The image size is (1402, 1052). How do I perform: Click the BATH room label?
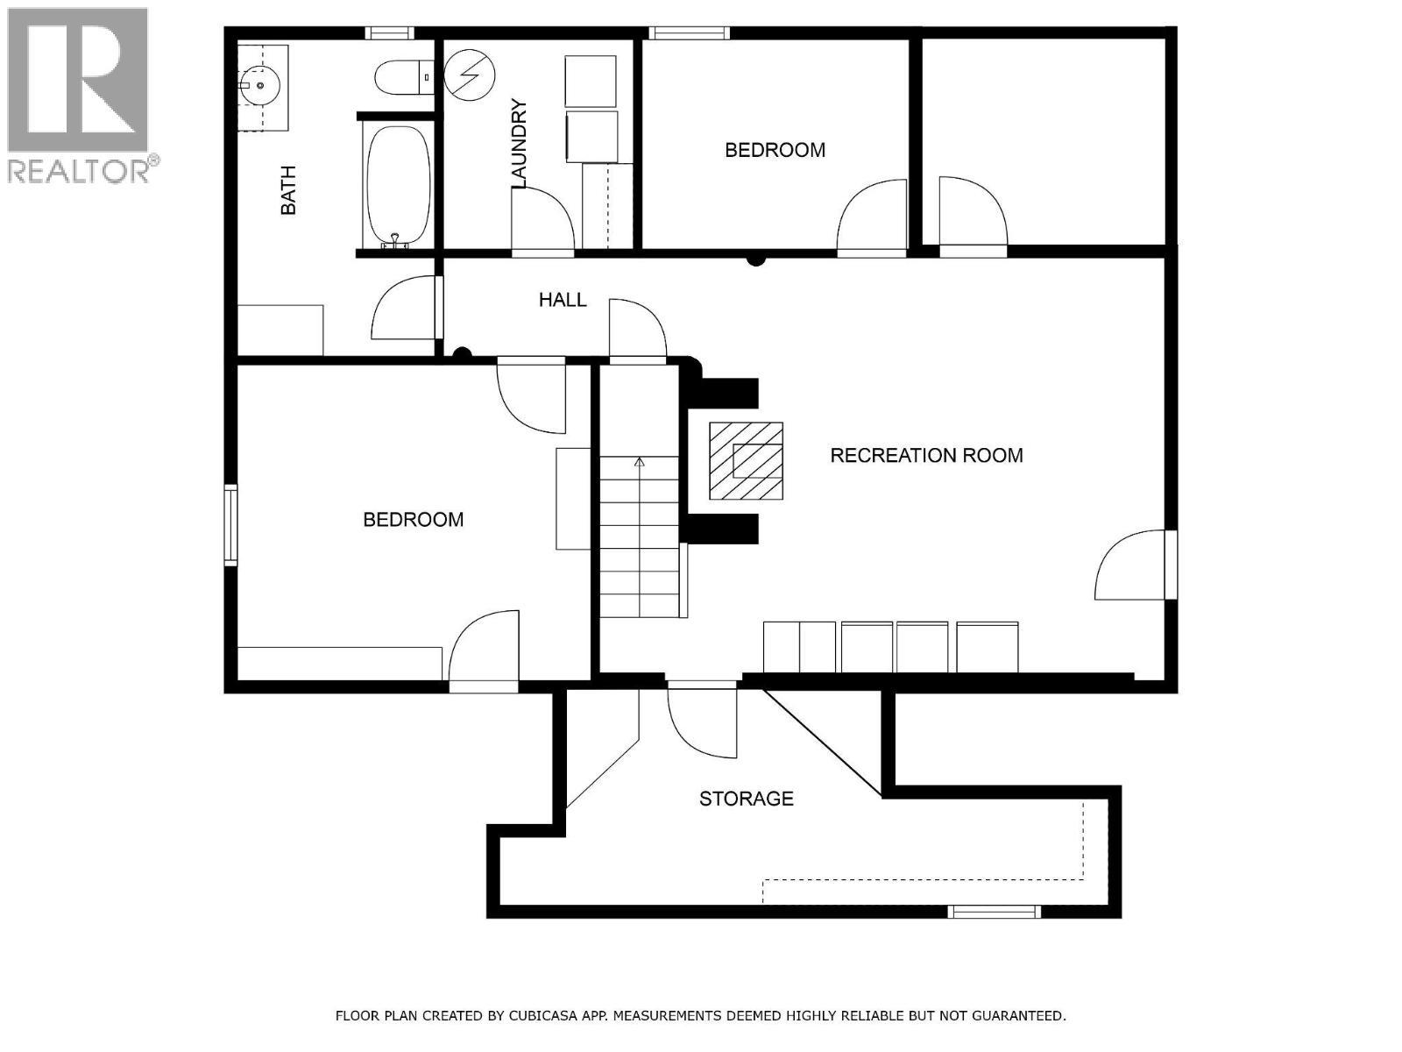coord(288,190)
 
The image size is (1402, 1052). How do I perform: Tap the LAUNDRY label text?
coord(519,145)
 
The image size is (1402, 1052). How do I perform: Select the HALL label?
coord(563,300)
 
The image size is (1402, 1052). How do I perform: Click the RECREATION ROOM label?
coord(926,455)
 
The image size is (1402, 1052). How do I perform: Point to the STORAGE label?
coord(746,799)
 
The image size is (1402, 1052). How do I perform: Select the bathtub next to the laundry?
coord(398,186)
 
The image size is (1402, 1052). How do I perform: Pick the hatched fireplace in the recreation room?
coord(746,460)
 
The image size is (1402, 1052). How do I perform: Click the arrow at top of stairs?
coord(640,462)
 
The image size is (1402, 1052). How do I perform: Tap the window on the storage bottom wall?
coord(995,912)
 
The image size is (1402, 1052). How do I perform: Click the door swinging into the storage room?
coord(702,721)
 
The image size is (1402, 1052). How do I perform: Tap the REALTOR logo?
coord(80,95)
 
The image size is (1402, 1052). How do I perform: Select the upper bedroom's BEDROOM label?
coord(775,150)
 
